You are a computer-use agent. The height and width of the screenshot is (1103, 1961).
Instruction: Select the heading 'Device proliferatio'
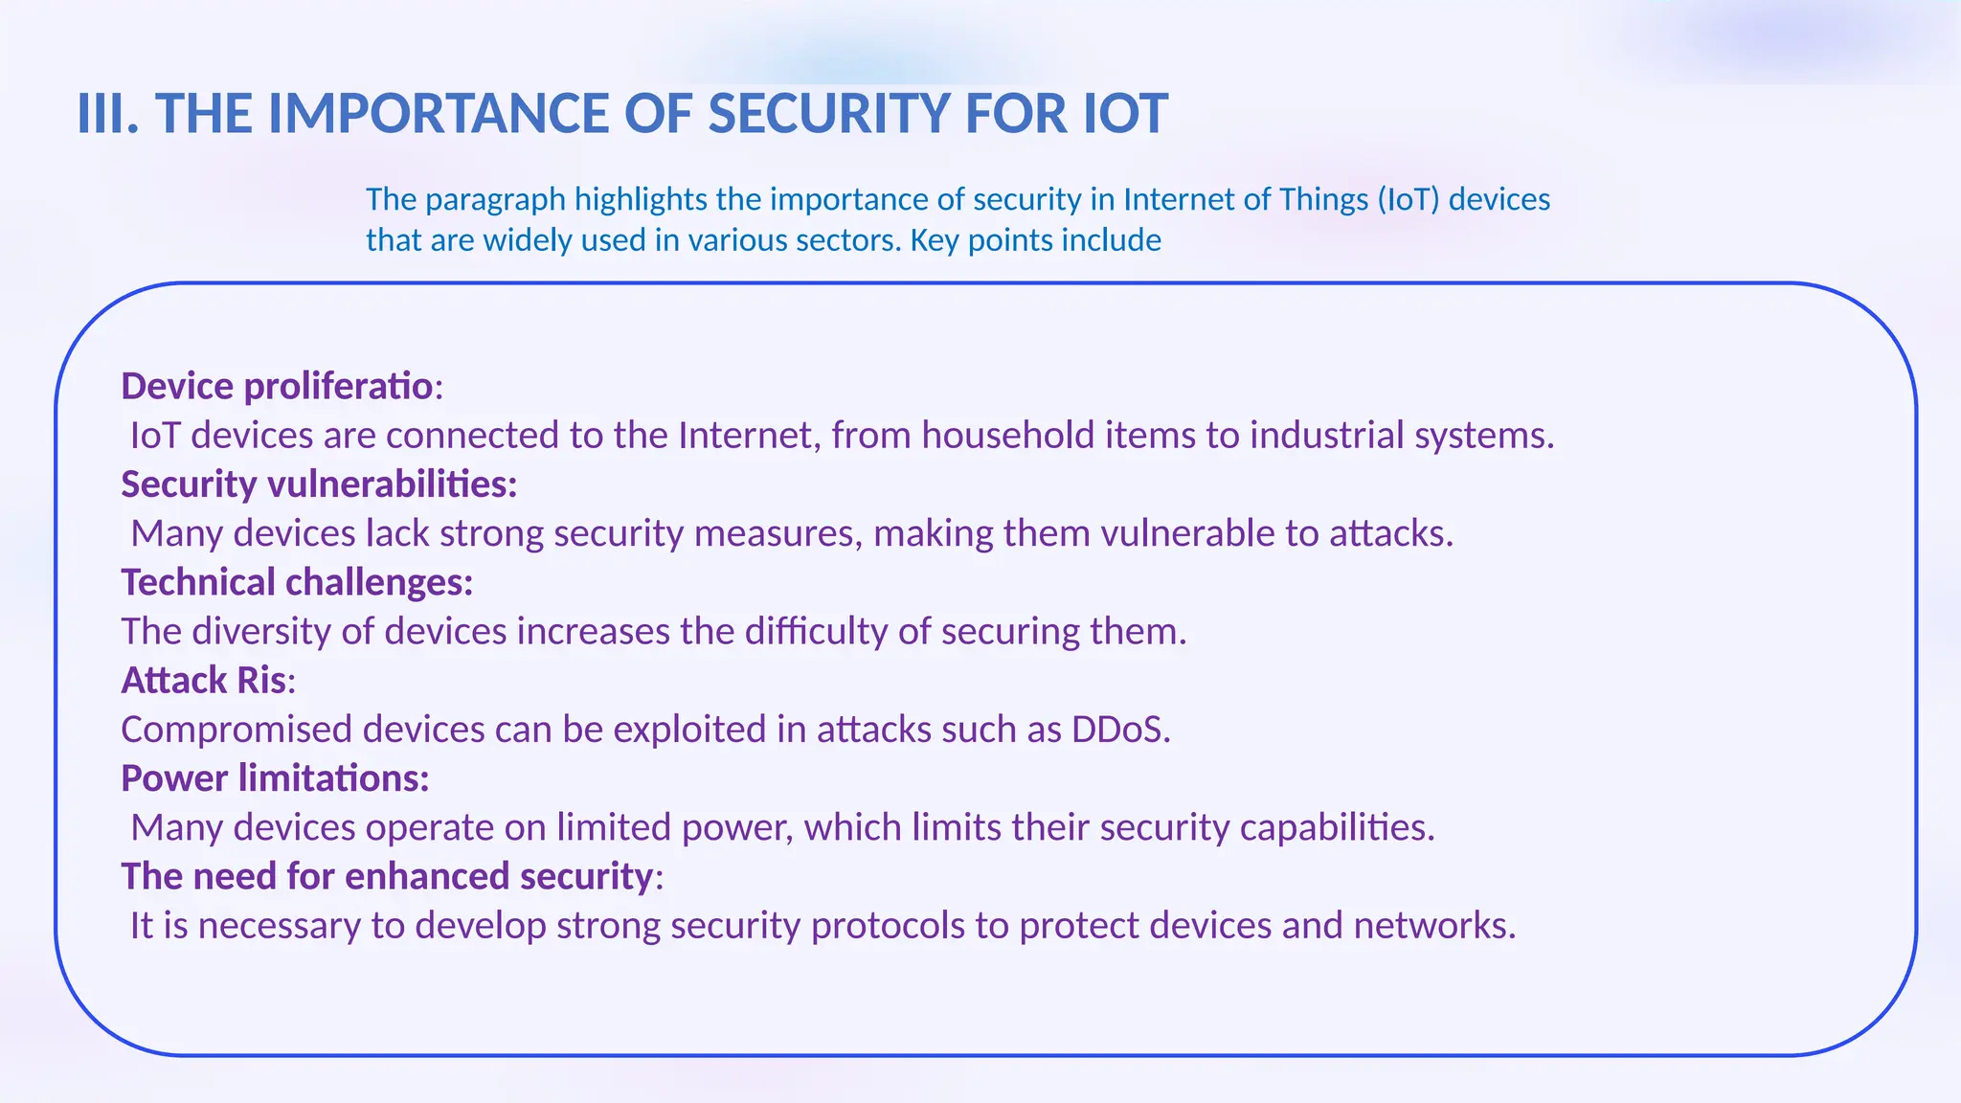277,386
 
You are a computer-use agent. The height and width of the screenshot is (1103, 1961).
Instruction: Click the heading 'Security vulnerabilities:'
319,484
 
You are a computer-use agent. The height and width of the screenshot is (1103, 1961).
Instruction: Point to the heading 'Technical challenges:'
297,582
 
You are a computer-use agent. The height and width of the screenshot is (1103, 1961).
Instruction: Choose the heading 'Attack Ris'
204,681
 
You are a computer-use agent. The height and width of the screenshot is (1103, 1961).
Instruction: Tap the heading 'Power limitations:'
275,778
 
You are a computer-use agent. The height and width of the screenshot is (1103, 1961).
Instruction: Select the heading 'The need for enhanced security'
388,877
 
